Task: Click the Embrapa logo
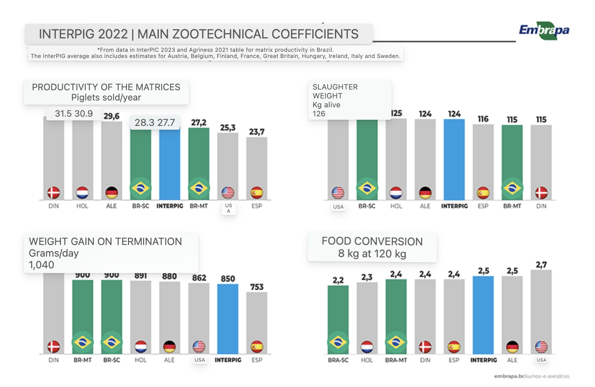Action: pos(544,30)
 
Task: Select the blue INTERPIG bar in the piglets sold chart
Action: pos(170,163)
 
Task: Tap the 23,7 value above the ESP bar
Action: pos(257,132)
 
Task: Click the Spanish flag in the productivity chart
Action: pos(257,193)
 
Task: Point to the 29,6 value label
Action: pos(112,116)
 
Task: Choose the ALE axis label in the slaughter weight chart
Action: pos(425,206)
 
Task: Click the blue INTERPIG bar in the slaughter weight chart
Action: pos(454,160)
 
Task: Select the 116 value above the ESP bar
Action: pos(483,119)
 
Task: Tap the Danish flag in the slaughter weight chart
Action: pos(541,193)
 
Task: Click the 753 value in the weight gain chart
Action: pos(257,287)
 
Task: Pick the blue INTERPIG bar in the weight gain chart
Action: pos(228,319)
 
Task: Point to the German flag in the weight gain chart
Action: pos(170,347)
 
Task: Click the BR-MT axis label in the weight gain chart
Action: pos(83,360)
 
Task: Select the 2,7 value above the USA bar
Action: pos(541,265)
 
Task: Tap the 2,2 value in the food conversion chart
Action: pos(338,280)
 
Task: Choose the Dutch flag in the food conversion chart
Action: pos(367,347)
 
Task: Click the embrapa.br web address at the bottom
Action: pos(532,376)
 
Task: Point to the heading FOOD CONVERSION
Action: pos(372,241)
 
